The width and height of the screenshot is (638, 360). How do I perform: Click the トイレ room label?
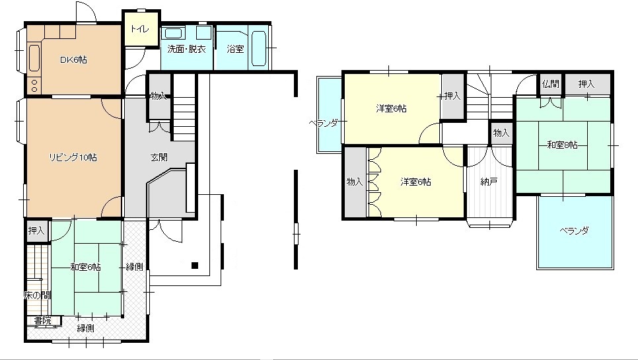tap(140, 29)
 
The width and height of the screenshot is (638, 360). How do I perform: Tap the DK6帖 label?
tap(73, 60)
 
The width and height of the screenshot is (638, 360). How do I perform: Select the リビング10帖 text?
tap(73, 157)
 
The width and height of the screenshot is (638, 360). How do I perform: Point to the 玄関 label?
tap(159, 157)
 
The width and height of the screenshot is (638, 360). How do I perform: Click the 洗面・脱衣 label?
tap(187, 50)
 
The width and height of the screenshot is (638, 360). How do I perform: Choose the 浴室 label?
tap(235, 50)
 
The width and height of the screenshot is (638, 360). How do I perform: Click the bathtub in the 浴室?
tap(259, 48)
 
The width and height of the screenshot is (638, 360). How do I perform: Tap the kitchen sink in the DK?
tap(34, 57)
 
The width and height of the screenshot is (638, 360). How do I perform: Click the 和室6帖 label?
tap(85, 268)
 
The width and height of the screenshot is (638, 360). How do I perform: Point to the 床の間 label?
tap(38, 296)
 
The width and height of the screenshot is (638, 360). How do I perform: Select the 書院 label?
tap(43, 320)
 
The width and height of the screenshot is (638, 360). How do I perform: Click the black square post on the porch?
tap(195, 266)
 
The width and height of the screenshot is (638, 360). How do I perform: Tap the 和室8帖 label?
tap(562, 145)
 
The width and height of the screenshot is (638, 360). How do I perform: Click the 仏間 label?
tap(551, 84)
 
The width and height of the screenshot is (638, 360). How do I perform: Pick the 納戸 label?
tap(489, 182)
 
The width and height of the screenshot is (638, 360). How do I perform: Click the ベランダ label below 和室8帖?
tap(574, 231)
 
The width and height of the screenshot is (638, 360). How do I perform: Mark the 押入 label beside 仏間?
tap(586, 84)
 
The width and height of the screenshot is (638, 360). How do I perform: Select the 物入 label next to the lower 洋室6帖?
tap(355, 182)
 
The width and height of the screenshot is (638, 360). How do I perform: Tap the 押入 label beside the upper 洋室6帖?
tap(452, 96)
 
